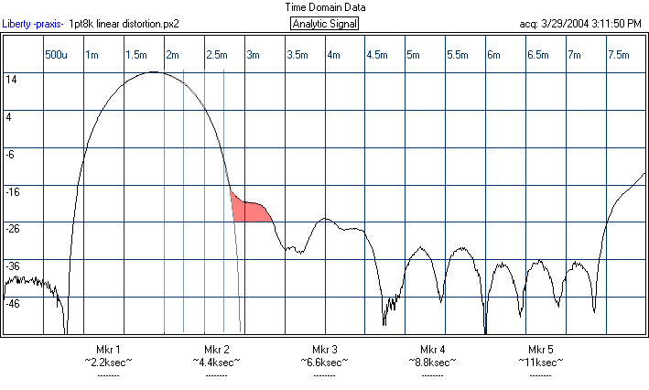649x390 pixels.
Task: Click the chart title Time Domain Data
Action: [x=324, y=6]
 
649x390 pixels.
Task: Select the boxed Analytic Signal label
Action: [x=324, y=24]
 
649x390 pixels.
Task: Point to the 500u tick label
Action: [x=57, y=56]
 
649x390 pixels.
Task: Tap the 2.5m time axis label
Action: [x=217, y=56]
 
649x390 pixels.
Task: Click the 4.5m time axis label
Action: [x=377, y=56]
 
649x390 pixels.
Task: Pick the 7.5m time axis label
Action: [x=618, y=56]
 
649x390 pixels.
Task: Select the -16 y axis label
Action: [x=13, y=191]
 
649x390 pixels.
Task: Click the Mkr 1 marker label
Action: [x=108, y=350]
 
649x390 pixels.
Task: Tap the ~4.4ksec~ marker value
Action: [x=217, y=362]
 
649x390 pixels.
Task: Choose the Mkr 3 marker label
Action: [x=324, y=350]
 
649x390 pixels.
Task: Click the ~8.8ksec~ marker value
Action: [x=432, y=362]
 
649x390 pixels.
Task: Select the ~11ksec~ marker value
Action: [x=540, y=362]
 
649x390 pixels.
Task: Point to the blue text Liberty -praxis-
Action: [x=33, y=24]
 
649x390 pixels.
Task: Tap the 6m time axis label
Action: [x=493, y=56]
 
